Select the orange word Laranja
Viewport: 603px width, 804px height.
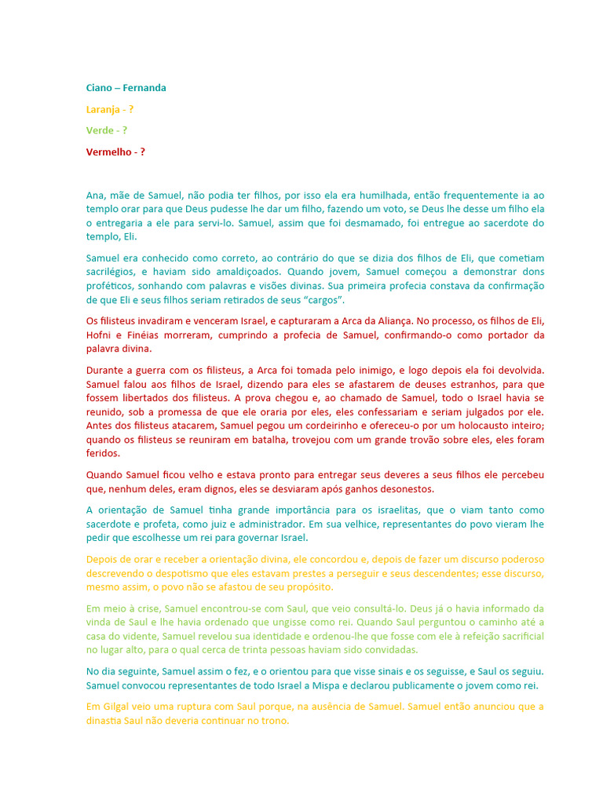pos(104,109)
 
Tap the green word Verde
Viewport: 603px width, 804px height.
pos(100,130)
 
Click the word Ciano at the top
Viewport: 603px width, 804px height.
pos(99,88)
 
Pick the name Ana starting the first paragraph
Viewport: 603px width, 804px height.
pos(95,195)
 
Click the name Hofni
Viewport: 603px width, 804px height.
pos(100,335)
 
